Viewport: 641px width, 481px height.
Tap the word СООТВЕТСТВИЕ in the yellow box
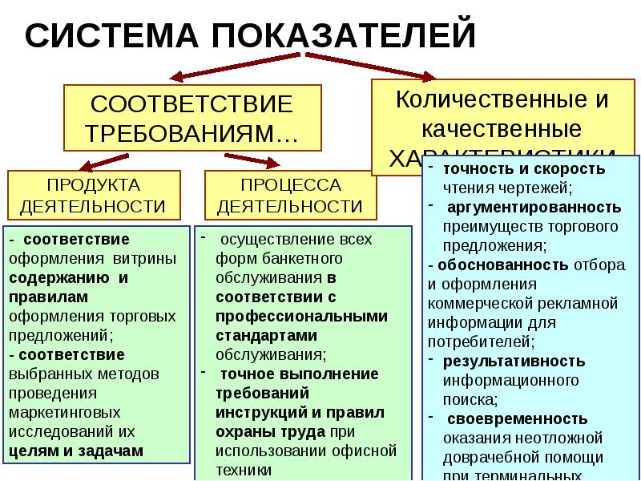click(x=192, y=105)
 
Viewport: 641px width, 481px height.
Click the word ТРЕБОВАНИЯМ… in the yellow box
click(x=192, y=133)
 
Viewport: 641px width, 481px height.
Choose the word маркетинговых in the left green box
click(x=59, y=414)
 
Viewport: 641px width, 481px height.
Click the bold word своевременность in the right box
click(x=518, y=418)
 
